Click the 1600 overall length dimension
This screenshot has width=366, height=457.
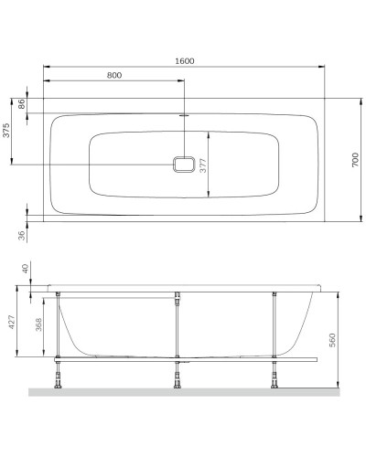click(185, 60)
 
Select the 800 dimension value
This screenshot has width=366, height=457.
click(114, 76)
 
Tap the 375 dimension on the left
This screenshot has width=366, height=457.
click(6, 131)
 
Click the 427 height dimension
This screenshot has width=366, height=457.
click(12, 323)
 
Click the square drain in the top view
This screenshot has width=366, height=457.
click(185, 165)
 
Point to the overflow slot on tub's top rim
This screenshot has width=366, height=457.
click(185, 116)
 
